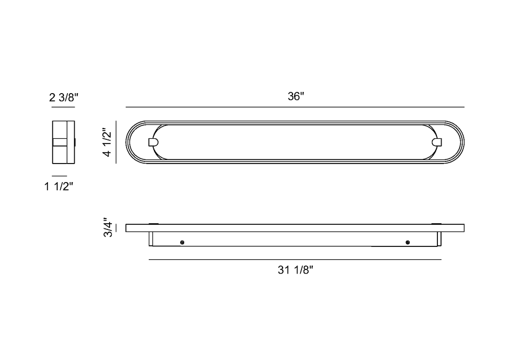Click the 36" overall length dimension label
coord(296,97)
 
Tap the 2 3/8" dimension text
coord(64,97)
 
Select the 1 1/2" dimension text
coord(59,187)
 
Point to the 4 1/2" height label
coord(107,142)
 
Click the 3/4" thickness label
coord(108,227)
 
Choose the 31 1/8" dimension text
coord(295,270)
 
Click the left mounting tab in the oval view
coord(153,142)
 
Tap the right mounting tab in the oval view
coord(437,142)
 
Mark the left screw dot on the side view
coord(182,242)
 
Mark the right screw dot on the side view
coord(408,242)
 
